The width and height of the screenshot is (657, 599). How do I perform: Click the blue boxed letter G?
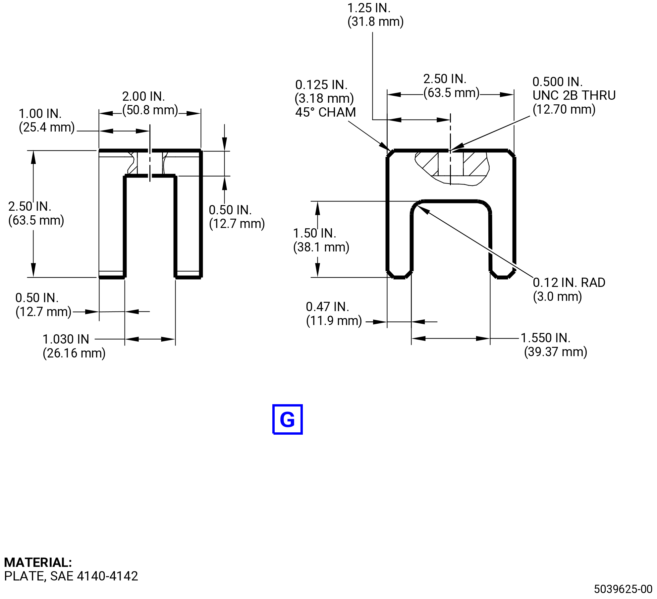click(x=287, y=419)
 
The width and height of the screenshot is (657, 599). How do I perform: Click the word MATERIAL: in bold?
click(x=38, y=562)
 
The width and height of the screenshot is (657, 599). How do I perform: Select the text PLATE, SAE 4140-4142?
click(x=71, y=576)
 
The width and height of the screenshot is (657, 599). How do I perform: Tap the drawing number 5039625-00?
click(x=623, y=589)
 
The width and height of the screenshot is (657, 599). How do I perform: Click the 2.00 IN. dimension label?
click(x=143, y=96)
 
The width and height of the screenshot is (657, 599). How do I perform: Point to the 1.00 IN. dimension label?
click(x=40, y=114)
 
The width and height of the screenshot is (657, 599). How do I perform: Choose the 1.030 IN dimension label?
click(x=66, y=339)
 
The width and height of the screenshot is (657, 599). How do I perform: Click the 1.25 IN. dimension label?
click(x=369, y=8)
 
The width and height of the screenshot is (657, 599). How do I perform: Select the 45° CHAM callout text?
click(x=325, y=112)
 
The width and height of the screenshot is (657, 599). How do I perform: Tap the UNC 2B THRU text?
click(x=574, y=95)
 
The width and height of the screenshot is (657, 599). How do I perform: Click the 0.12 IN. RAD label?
click(x=569, y=283)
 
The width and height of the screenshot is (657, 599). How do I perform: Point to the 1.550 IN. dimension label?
click(x=545, y=338)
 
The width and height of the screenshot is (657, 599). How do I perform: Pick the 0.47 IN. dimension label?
click(x=327, y=307)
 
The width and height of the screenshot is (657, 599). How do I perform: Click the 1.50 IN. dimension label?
click(x=314, y=233)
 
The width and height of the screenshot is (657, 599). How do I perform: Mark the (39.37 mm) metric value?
click(x=555, y=352)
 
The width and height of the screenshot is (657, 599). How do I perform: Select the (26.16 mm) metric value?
click(x=74, y=353)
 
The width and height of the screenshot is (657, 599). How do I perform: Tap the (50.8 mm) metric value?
click(x=150, y=110)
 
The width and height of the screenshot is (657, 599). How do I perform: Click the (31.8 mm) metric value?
click(x=375, y=22)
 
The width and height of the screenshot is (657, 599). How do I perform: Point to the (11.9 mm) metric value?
click(x=334, y=321)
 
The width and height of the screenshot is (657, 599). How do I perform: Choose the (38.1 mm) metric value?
click(x=321, y=247)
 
